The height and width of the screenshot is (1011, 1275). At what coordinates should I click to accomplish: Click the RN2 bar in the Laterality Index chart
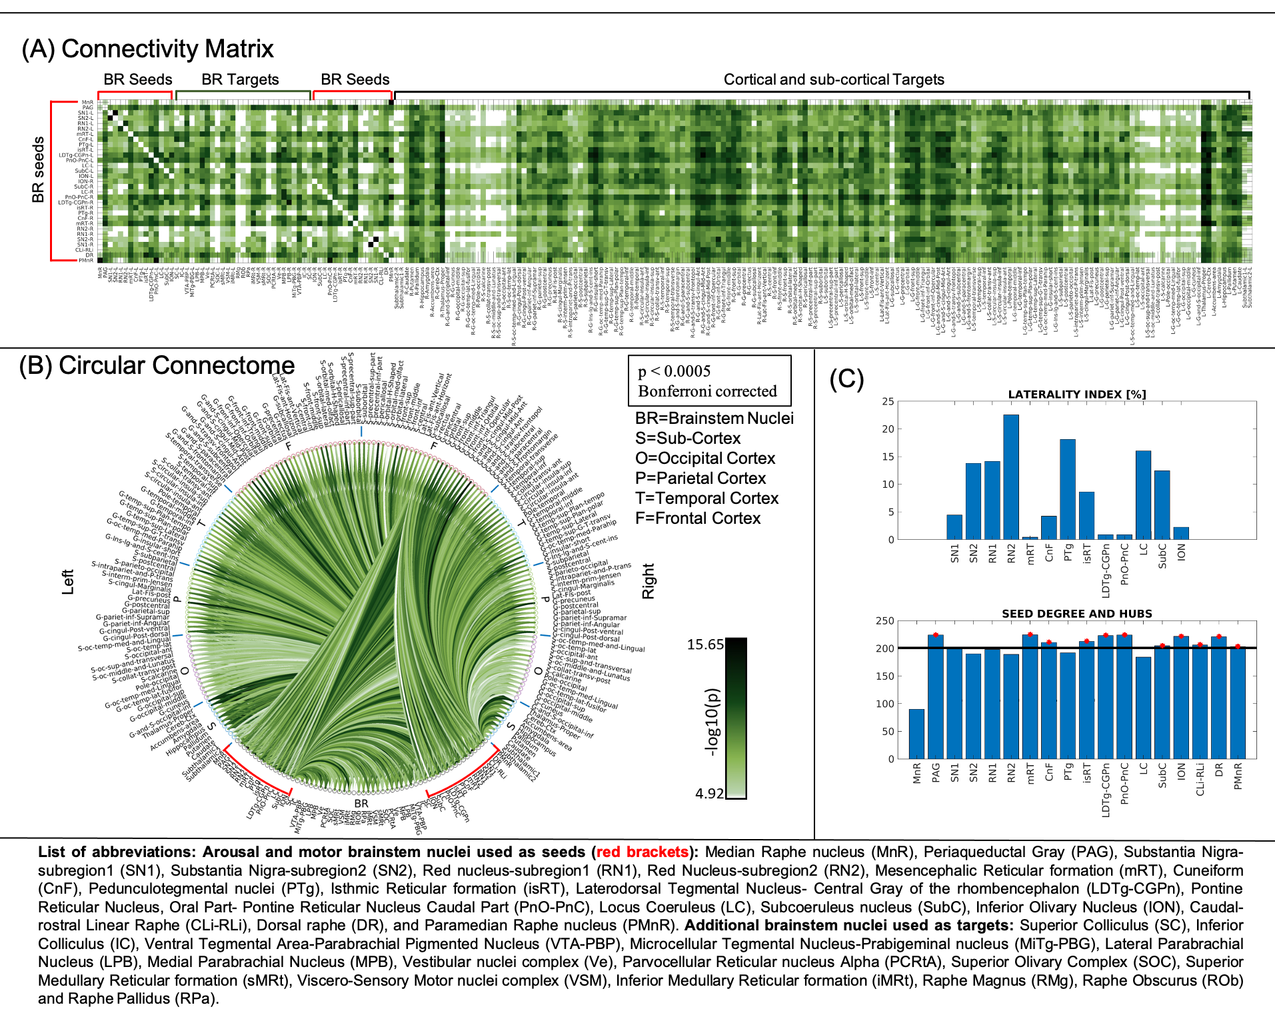1010,477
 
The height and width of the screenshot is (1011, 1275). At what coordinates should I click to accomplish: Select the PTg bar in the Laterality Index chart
1067,489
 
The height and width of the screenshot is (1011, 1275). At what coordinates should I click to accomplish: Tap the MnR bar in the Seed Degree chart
916,734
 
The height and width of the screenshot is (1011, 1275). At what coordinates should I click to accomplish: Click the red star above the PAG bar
935,635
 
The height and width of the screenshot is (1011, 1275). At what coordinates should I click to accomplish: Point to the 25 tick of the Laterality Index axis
888,401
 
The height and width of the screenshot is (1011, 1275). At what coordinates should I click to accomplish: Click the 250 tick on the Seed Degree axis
885,621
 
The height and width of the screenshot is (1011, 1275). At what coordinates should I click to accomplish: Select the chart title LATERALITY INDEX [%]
1076,395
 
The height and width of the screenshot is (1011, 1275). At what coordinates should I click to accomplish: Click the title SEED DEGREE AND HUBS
1076,614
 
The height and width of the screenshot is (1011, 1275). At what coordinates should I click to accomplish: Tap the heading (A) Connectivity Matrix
147,49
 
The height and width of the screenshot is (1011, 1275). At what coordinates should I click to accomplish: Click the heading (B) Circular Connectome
157,366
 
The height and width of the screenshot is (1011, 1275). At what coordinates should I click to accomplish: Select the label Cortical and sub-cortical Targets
834,80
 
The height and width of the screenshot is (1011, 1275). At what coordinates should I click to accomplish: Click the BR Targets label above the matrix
240,80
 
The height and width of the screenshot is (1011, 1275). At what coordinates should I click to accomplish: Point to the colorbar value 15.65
705,644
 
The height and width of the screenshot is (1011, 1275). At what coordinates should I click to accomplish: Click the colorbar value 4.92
709,793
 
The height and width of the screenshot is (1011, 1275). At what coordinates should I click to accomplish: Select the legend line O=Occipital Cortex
705,459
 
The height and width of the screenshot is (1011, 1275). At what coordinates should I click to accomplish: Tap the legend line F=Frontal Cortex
698,518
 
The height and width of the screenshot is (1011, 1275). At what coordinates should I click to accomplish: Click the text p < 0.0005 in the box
674,371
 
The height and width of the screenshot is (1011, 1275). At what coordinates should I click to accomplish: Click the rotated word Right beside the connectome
648,580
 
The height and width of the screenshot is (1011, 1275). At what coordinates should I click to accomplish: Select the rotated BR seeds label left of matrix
39,169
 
